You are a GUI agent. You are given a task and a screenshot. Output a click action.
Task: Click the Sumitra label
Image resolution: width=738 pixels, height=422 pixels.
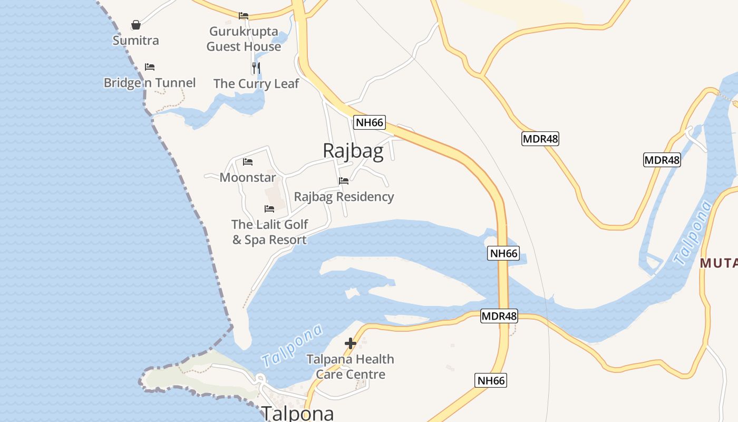135,40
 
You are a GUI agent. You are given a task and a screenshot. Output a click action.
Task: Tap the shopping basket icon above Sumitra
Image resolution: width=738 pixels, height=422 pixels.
136,25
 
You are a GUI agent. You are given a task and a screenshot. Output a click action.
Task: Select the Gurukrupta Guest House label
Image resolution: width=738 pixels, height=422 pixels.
244,39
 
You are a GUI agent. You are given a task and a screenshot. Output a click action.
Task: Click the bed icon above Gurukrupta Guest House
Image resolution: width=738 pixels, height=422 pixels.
244,16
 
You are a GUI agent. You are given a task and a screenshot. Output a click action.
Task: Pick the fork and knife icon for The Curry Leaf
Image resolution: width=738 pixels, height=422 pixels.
256,68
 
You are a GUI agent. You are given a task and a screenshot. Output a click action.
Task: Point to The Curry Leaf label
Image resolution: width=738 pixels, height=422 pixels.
256,83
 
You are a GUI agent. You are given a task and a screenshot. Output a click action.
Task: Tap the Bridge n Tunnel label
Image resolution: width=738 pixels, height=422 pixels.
150,83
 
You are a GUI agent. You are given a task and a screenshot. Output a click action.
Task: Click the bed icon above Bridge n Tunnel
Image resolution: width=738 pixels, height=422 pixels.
150,67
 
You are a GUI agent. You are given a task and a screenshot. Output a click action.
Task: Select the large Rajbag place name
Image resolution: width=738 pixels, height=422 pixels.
353,151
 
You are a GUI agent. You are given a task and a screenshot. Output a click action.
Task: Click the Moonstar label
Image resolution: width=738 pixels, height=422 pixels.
248,177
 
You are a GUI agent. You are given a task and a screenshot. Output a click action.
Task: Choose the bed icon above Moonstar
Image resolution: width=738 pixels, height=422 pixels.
248,162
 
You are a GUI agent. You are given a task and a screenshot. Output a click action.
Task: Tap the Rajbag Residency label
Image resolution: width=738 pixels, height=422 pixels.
344,197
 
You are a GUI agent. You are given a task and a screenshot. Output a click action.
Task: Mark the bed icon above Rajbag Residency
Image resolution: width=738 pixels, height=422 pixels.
344,181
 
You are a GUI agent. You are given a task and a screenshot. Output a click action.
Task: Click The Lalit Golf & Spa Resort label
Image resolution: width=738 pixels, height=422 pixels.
270,232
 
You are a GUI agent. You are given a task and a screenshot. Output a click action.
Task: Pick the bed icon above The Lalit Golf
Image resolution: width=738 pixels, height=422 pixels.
269,209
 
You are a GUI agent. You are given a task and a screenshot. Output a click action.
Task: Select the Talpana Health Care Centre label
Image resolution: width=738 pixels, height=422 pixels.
351,367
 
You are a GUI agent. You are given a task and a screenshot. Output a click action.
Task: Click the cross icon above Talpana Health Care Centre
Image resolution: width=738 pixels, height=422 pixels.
351,344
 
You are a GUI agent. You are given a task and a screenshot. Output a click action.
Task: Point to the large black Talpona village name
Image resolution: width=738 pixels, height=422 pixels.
298,413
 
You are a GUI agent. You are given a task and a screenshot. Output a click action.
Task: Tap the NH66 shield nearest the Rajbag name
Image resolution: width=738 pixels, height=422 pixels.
370,123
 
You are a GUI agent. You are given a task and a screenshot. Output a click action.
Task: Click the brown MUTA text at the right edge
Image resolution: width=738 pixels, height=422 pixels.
718,262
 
